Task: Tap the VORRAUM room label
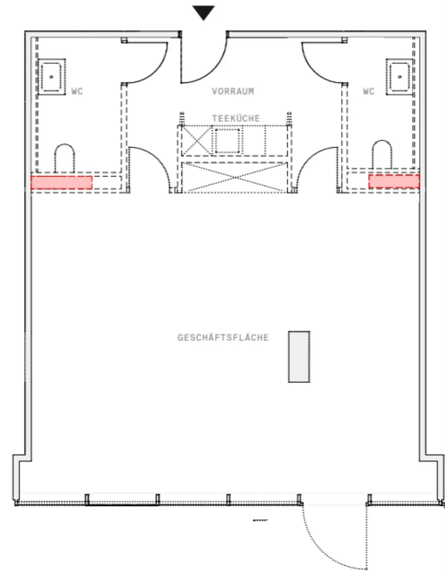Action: (x=233, y=92)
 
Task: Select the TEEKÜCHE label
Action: (x=236, y=118)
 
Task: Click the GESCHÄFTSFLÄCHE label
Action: (x=223, y=337)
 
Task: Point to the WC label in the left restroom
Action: (x=77, y=92)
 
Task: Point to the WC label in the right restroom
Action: (x=369, y=92)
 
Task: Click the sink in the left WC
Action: (x=52, y=77)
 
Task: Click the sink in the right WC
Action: (x=399, y=77)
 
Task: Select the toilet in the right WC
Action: (x=382, y=155)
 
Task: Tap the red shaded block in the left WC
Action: (x=62, y=182)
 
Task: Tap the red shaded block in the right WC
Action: (x=394, y=181)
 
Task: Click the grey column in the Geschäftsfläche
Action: (x=299, y=357)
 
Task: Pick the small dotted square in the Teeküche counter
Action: (x=228, y=141)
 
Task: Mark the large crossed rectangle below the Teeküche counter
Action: (x=235, y=178)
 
